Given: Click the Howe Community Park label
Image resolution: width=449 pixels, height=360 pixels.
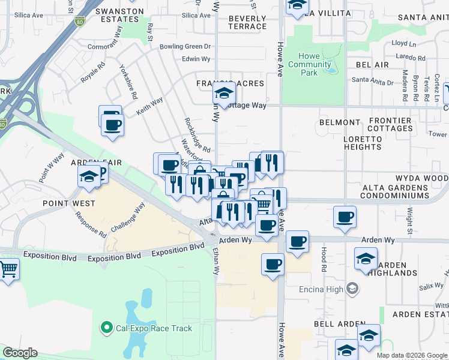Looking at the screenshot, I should pos(309,64).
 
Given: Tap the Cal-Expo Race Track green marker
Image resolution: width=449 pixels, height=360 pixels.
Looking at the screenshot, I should pos(107,328).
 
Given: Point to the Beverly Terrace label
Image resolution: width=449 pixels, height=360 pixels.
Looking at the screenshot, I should pos(247,22).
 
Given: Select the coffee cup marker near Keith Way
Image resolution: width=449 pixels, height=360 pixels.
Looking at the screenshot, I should pos(112,125).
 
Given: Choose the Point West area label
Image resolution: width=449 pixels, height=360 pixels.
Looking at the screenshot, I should pos(68,203).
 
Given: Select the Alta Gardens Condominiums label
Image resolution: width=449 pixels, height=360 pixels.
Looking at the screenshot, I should pos(395,191).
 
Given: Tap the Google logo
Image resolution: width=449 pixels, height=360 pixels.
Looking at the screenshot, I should pos(20,353).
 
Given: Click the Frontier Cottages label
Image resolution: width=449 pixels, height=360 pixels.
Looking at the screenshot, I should pos(387,125).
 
